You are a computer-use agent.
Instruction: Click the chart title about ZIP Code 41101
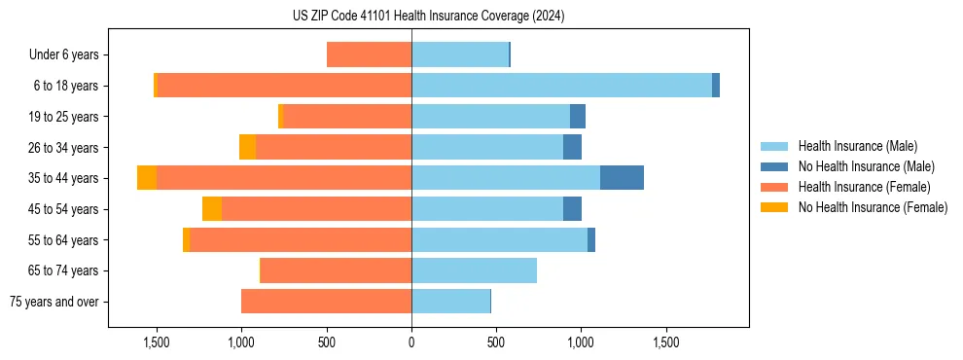[428, 17]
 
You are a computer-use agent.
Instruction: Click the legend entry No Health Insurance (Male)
[866, 166]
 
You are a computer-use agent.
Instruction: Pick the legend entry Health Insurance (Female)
[864, 187]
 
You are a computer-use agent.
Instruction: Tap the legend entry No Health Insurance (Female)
[873, 206]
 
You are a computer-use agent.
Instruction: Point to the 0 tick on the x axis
[411, 343]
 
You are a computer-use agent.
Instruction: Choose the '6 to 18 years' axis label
[64, 86]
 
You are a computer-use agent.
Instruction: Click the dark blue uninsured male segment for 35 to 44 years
[622, 178]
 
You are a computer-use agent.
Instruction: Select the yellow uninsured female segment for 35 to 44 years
[147, 178]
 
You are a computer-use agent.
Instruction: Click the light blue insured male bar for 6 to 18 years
[561, 86]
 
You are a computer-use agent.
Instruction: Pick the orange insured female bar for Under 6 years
[370, 54]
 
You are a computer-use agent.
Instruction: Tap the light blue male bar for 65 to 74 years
[474, 270]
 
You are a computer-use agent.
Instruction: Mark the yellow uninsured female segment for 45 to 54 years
[212, 209]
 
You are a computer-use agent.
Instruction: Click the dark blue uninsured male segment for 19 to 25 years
[578, 117]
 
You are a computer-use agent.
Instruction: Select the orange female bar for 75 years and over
[327, 302]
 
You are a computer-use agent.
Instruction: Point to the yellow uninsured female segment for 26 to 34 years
[247, 147]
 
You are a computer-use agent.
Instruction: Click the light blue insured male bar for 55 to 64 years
[499, 239]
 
